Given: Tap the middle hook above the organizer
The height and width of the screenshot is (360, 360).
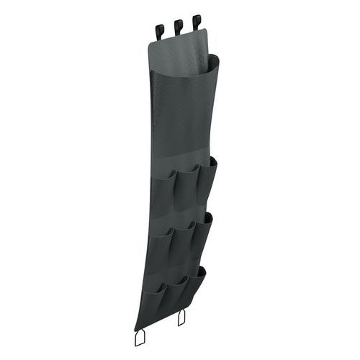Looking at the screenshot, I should pos(176,27).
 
